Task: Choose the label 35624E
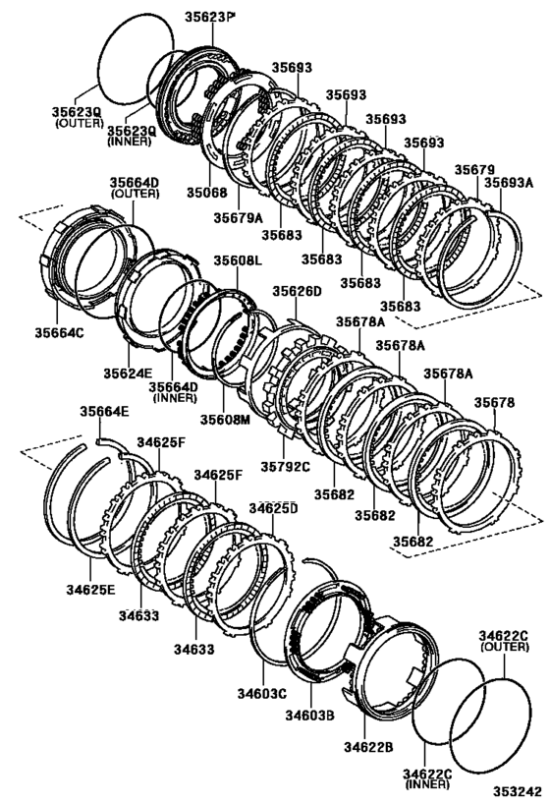[125, 373]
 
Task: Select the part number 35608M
[226, 420]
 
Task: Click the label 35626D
[296, 292]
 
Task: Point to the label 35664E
[104, 413]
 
